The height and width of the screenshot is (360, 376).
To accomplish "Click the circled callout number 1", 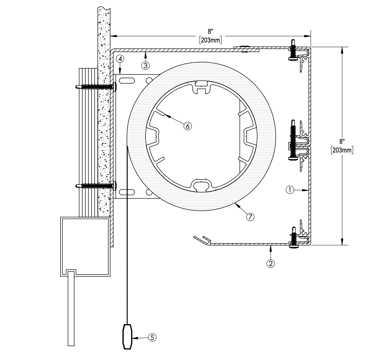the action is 289,190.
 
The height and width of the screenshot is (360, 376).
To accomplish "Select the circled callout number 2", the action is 271,263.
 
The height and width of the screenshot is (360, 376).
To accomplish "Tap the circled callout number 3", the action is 145,66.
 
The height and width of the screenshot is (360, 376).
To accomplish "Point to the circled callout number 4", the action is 120,59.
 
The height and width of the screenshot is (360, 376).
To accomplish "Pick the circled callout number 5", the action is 152,338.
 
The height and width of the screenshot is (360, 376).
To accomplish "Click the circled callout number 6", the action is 187,126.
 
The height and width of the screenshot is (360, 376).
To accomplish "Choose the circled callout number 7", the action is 250,217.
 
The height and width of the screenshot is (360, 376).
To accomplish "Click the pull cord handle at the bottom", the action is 127,337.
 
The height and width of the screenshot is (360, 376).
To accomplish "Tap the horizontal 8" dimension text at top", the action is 211,31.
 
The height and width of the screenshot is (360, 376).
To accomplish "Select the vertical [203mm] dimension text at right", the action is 342,150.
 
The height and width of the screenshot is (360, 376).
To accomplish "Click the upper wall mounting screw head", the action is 115,87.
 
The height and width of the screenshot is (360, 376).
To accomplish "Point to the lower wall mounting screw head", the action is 115,186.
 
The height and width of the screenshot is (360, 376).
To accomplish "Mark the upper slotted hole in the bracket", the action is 127,80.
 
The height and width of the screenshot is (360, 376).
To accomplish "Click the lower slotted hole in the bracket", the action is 127,192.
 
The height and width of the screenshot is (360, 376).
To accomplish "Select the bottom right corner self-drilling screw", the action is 294,237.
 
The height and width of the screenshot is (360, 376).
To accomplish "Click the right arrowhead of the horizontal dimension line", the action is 307,36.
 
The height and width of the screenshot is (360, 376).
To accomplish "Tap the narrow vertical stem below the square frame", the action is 71,309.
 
